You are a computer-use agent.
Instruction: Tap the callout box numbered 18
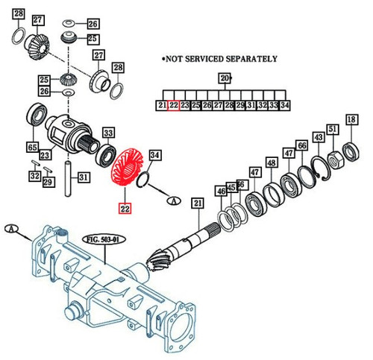pyautogui.click(x=351, y=119)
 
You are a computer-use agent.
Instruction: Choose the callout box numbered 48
pyautogui.click(x=271, y=162)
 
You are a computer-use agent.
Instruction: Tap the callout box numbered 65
pyautogui.click(x=33, y=147)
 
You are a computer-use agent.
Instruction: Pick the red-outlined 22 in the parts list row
pyautogui.click(x=173, y=106)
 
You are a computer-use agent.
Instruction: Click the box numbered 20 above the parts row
pyautogui.click(x=224, y=78)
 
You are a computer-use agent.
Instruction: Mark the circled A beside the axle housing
pyautogui.click(x=11, y=229)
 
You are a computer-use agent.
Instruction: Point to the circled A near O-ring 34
pyautogui.click(x=173, y=200)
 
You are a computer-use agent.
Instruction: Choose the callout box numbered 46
pyautogui.click(x=220, y=192)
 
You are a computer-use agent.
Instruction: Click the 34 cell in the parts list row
pyautogui.click(x=284, y=106)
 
